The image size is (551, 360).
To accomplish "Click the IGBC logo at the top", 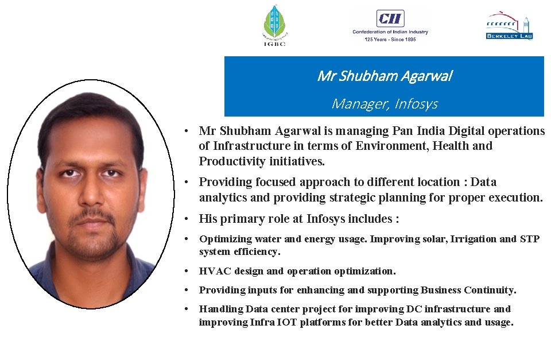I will (274, 25).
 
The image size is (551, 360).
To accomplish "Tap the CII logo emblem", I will (390, 18).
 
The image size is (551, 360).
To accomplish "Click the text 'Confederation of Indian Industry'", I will (390, 32).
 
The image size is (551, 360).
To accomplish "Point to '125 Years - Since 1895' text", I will (390, 39).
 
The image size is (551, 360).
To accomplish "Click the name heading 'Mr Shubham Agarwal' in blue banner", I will (384, 76).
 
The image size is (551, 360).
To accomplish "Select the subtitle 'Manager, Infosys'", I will (384, 104).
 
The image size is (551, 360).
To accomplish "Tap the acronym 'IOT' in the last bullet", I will (287, 322).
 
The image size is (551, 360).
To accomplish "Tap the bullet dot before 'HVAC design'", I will (188, 271).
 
